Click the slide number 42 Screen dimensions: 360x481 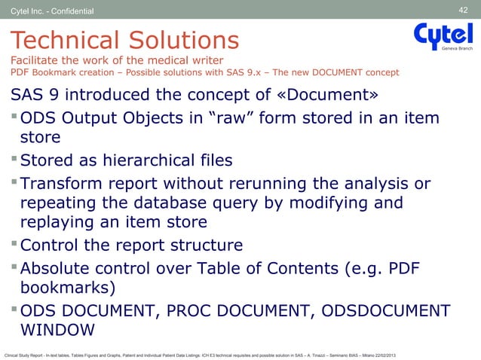click(x=464, y=9)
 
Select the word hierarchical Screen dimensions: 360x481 click(x=158, y=160)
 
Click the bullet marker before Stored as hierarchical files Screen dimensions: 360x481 click(x=13, y=160)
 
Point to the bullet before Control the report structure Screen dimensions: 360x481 click(x=13, y=246)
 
